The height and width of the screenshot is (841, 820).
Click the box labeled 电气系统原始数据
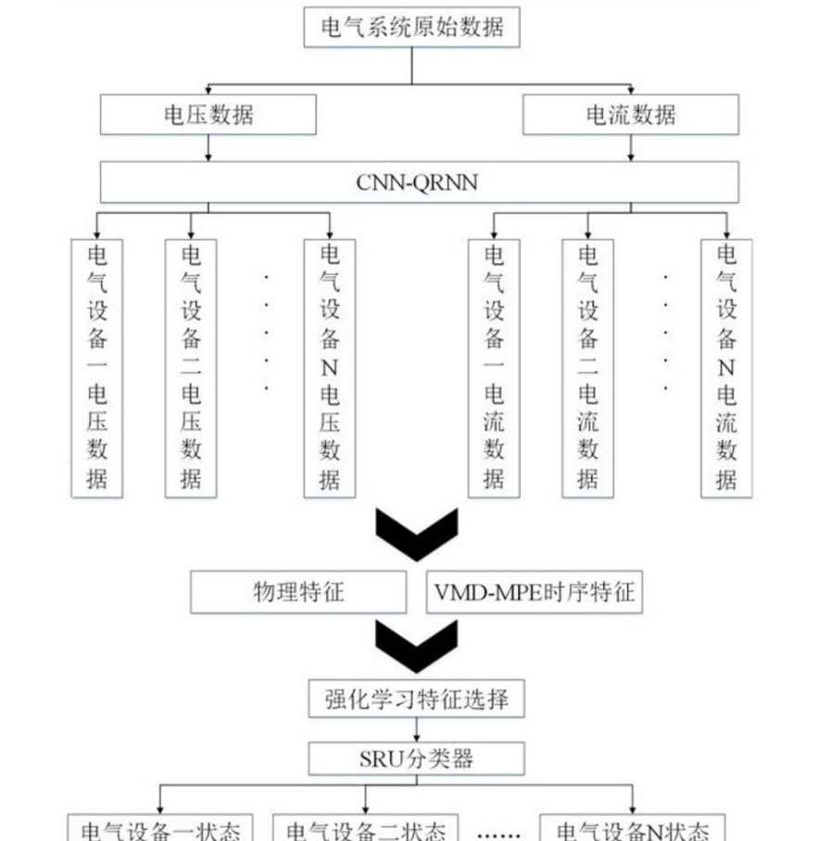pos(411,28)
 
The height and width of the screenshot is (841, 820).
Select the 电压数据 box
pos(208,115)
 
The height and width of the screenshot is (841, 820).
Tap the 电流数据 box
pos(631,115)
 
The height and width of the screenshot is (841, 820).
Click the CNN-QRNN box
pos(420,182)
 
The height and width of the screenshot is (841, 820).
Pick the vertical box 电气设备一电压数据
pos(97,369)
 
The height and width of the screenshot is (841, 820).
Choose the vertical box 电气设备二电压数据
pos(191,369)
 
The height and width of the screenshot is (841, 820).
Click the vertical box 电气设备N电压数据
pos(330,369)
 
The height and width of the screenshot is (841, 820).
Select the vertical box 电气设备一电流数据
pos(494,369)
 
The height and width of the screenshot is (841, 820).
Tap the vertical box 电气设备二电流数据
pos(587,369)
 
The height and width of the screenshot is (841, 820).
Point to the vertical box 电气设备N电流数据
pos(726,369)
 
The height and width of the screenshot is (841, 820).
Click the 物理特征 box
pos(298,592)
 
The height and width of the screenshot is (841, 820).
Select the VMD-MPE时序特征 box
pos(534,592)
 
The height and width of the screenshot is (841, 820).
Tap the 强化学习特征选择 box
pos(416,699)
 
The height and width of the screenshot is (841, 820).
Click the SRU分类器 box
pos(416,759)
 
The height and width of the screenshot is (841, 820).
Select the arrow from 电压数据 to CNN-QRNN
pos(208,148)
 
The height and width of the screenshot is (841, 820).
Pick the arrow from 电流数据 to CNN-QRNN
pos(631,148)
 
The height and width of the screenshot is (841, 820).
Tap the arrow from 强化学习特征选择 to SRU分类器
pos(416,730)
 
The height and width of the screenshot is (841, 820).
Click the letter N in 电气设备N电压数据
pos(330,368)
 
